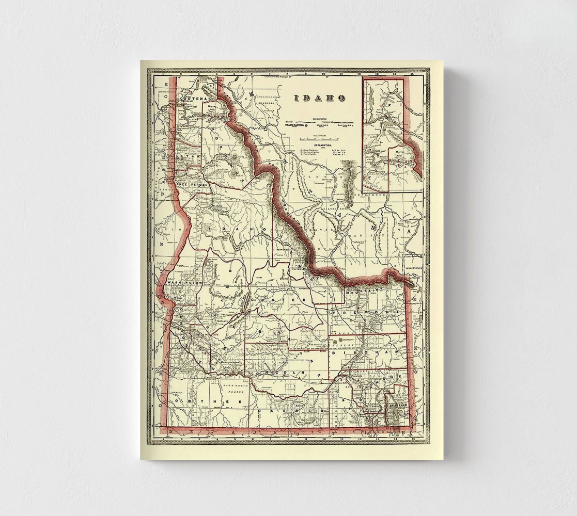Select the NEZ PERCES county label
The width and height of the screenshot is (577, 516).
(x=192, y=184)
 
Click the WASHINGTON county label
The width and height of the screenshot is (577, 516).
(x=183, y=283)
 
